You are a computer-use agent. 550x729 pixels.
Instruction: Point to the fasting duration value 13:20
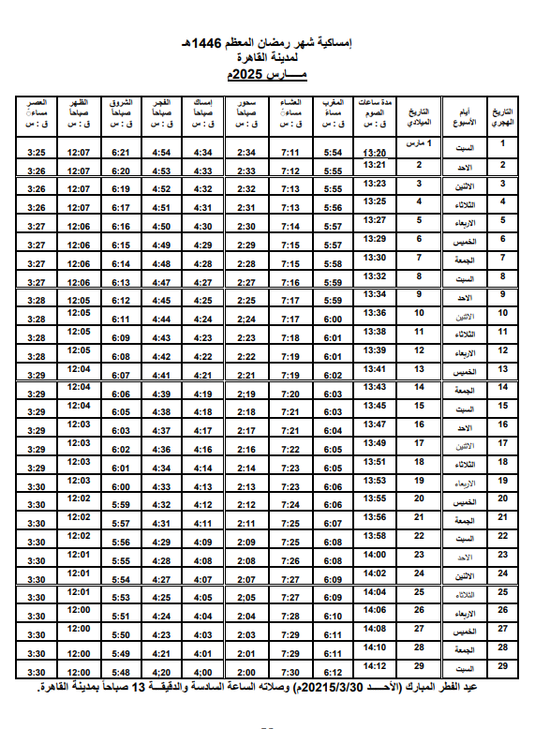point(375,153)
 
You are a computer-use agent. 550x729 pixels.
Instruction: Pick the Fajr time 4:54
point(161,153)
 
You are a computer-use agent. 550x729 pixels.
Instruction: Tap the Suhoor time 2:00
point(246,673)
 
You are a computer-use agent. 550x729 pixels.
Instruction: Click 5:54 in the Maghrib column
point(333,153)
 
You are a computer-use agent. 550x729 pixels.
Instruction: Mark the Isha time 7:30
point(290,673)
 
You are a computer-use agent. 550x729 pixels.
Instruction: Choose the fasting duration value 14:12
point(375,665)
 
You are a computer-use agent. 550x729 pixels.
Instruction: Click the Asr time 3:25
point(37,153)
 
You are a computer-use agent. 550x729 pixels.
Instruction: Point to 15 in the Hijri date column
point(502,406)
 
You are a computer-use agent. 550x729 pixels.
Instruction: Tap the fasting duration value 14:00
point(375,555)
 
